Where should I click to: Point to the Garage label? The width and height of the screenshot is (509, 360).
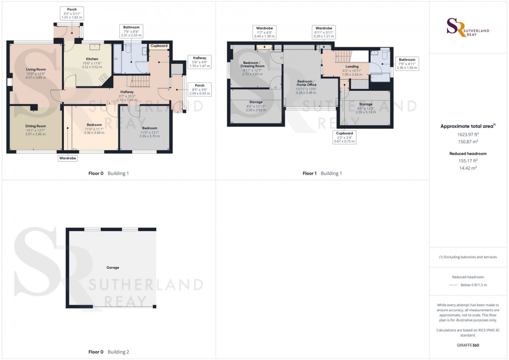click(x=112, y=268)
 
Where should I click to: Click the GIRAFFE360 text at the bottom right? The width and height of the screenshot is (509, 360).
click(x=469, y=346)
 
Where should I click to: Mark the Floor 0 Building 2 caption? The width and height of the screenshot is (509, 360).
click(x=109, y=352)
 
